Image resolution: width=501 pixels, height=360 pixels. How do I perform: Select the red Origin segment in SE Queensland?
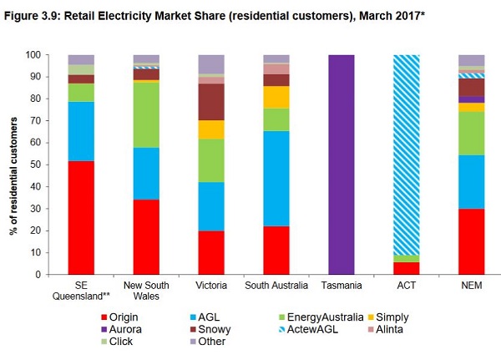point(81,217)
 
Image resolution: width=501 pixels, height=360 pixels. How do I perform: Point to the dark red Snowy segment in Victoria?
point(211,102)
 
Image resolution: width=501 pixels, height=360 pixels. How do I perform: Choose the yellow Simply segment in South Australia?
point(276,97)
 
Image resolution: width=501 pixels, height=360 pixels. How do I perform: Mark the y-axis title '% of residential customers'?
point(14,165)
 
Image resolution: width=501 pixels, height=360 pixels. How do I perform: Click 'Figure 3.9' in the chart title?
point(33,12)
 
